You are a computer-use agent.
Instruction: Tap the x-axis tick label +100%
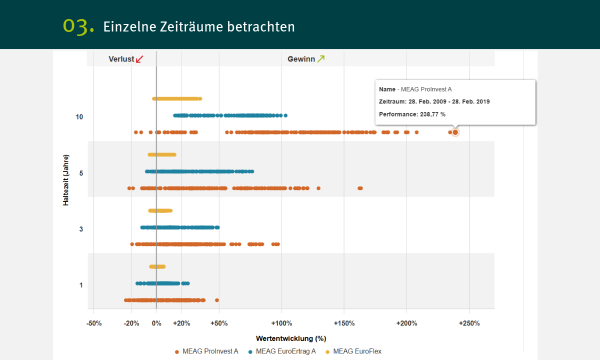pos(281,323)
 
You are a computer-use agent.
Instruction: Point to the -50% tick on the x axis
pos(94,323)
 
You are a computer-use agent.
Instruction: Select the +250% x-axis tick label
pos(469,323)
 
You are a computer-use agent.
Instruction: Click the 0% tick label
pos(156,323)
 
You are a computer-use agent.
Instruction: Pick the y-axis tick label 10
pos(79,117)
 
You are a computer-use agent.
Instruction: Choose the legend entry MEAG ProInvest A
pos(210,351)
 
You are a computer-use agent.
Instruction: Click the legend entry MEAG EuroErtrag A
pos(285,351)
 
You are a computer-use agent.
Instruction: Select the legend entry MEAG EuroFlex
pos(357,351)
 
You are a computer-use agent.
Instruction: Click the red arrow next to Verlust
pos(139,59)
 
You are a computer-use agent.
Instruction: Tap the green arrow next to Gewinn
pos(321,59)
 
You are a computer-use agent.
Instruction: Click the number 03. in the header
pos(78,26)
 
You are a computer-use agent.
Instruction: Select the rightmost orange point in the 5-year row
pos(360,188)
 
